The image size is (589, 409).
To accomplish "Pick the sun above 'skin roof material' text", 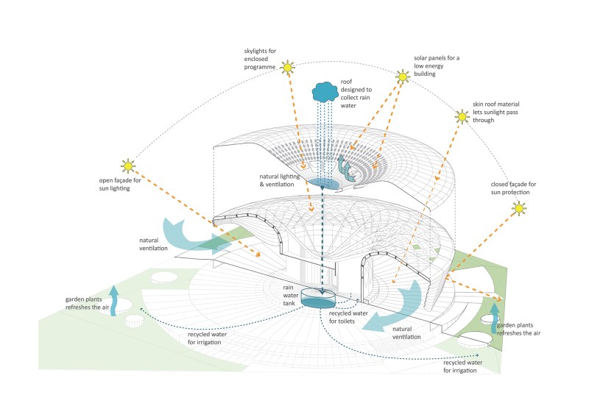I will point(462,116).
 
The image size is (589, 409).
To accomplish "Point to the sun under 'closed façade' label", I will point(521,210).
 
